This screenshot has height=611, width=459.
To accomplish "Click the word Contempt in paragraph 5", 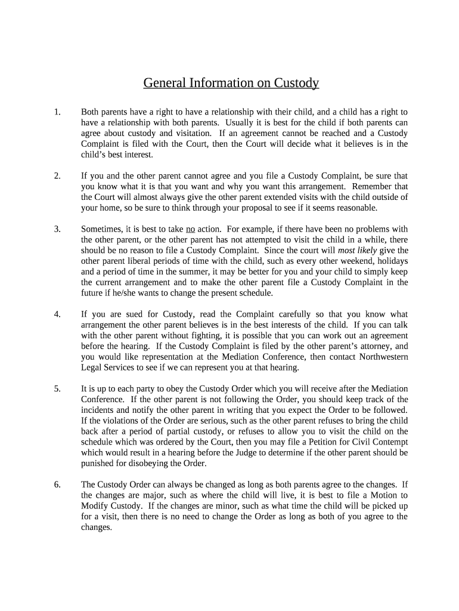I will [x=390, y=442].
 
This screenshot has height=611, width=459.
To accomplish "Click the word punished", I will [x=98, y=463].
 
